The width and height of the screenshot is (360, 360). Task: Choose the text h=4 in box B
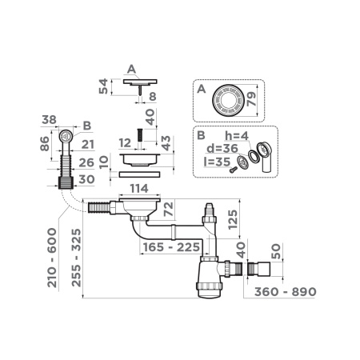(238, 135)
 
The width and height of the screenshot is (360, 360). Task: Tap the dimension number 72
(167, 210)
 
